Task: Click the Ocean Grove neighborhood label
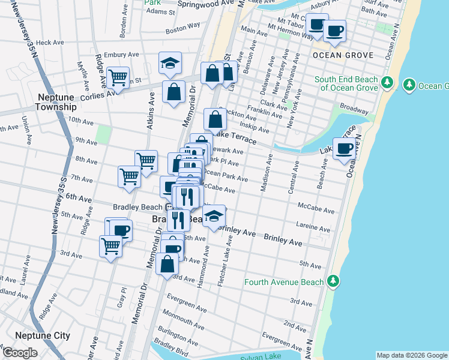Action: point(342,55)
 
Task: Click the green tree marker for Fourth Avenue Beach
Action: point(333,281)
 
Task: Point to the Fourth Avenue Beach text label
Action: point(284,282)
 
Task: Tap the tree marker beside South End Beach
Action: point(387,83)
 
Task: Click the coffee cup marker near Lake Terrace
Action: point(344,149)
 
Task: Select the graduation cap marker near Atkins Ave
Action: point(170,64)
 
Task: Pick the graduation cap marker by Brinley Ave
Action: point(213,217)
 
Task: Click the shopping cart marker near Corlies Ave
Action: point(117,78)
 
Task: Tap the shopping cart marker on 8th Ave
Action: point(146,161)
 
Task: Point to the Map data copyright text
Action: point(412,355)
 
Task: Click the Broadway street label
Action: point(354,110)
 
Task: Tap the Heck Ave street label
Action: point(50,43)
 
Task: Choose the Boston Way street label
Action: point(182,27)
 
